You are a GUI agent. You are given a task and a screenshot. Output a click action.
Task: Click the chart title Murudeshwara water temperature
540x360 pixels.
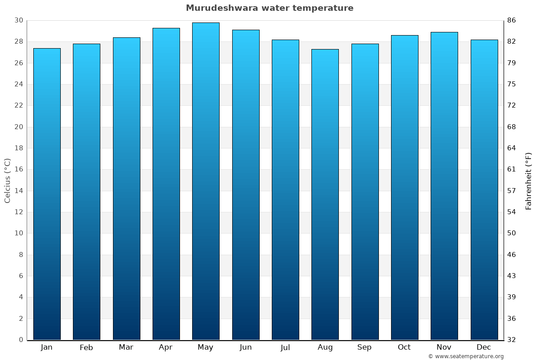click(x=270, y=8)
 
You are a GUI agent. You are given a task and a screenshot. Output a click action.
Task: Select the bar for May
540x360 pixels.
click(x=206, y=180)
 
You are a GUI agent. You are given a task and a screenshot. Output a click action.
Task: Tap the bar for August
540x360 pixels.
click(x=325, y=193)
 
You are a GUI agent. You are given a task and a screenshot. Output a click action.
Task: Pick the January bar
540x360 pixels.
click(x=47, y=193)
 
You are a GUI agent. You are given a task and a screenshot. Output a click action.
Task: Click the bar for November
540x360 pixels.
click(x=444, y=184)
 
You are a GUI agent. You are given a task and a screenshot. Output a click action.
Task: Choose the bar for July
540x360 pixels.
click(x=285, y=189)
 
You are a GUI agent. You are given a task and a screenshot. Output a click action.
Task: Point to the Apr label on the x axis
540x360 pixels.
click(x=166, y=347)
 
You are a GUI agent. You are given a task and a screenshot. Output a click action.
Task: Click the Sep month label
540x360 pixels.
click(x=364, y=347)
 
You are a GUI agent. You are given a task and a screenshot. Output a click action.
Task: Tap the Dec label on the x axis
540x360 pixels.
click(x=484, y=347)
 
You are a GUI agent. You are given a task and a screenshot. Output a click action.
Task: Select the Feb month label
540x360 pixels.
click(x=86, y=347)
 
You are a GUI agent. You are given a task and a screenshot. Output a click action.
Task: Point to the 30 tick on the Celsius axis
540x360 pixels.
click(x=18, y=20)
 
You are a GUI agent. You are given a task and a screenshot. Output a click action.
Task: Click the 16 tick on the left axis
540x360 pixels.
click(x=18, y=170)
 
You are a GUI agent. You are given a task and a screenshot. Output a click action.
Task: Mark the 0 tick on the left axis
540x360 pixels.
click(x=21, y=340)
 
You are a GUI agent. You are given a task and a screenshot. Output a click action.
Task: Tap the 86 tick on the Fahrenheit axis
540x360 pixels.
click(x=512, y=20)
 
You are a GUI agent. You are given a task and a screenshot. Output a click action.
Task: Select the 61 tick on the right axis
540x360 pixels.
click(x=512, y=170)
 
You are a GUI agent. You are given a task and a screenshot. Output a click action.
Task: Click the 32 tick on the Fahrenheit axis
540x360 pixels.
click(x=512, y=340)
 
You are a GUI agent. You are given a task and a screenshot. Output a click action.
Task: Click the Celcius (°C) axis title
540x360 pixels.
click(x=7, y=180)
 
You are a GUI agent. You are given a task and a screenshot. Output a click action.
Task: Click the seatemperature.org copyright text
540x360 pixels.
click(x=466, y=356)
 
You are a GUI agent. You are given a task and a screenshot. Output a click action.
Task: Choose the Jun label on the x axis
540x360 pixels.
click(x=246, y=347)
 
